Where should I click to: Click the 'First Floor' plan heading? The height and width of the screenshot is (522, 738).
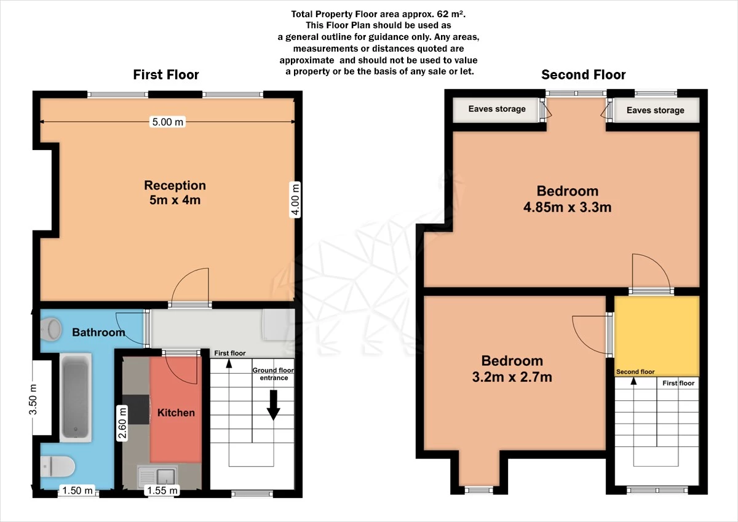[166, 75]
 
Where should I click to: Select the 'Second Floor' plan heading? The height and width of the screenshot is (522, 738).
[583, 75]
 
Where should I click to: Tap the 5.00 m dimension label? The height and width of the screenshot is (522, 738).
[167, 122]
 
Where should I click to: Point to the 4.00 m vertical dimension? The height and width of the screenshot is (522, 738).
[296, 200]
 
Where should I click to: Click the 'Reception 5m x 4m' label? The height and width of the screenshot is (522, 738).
[175, 192]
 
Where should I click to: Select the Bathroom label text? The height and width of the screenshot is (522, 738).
[98, 333]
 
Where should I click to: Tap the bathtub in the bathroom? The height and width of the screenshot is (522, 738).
[76, 397]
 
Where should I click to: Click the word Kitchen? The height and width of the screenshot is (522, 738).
[176, 413]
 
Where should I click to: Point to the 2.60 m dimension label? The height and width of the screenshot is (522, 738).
[122, 423]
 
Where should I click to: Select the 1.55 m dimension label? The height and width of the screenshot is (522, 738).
[162, 491]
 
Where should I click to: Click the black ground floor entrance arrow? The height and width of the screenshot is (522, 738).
[273, 406]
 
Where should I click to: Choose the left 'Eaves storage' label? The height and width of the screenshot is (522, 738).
[497, 109]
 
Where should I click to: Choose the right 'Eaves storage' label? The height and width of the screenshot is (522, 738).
[655, 111]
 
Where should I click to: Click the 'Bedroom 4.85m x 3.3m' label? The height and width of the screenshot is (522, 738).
[567, 199]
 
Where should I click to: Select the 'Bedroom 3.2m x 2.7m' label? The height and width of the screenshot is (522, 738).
[512, 369]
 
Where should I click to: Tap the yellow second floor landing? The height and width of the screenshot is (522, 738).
[657, 335]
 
